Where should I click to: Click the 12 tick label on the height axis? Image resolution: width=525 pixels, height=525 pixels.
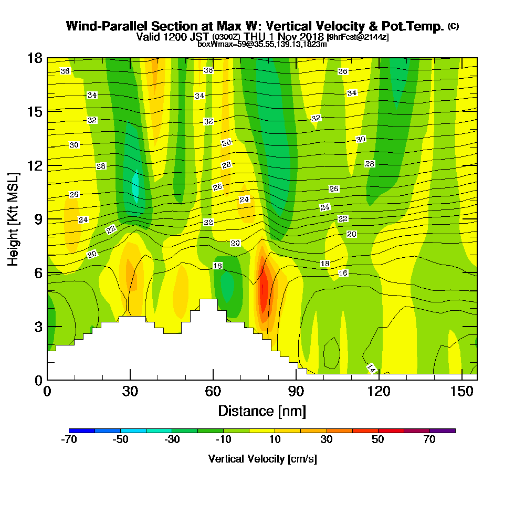tap(35, 165)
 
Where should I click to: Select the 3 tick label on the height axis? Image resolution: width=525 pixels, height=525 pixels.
tap(38, 327)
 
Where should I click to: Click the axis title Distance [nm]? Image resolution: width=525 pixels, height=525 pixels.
tap(262, 411)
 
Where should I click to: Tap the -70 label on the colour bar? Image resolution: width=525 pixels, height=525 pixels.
tap(69, 440)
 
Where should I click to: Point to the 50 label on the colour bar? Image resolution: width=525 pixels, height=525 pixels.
tap(378, 440)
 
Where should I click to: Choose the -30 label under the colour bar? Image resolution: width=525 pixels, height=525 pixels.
tap(172, 440)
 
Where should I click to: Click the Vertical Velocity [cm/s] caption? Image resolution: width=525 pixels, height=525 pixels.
tap(262, 459)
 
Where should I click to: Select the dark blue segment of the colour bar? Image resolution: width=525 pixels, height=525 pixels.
tap(82, 430)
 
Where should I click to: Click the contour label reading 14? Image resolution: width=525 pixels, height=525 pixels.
tap(371, 368)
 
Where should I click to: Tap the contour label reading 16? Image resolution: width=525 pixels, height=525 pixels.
tap(343, 274)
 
